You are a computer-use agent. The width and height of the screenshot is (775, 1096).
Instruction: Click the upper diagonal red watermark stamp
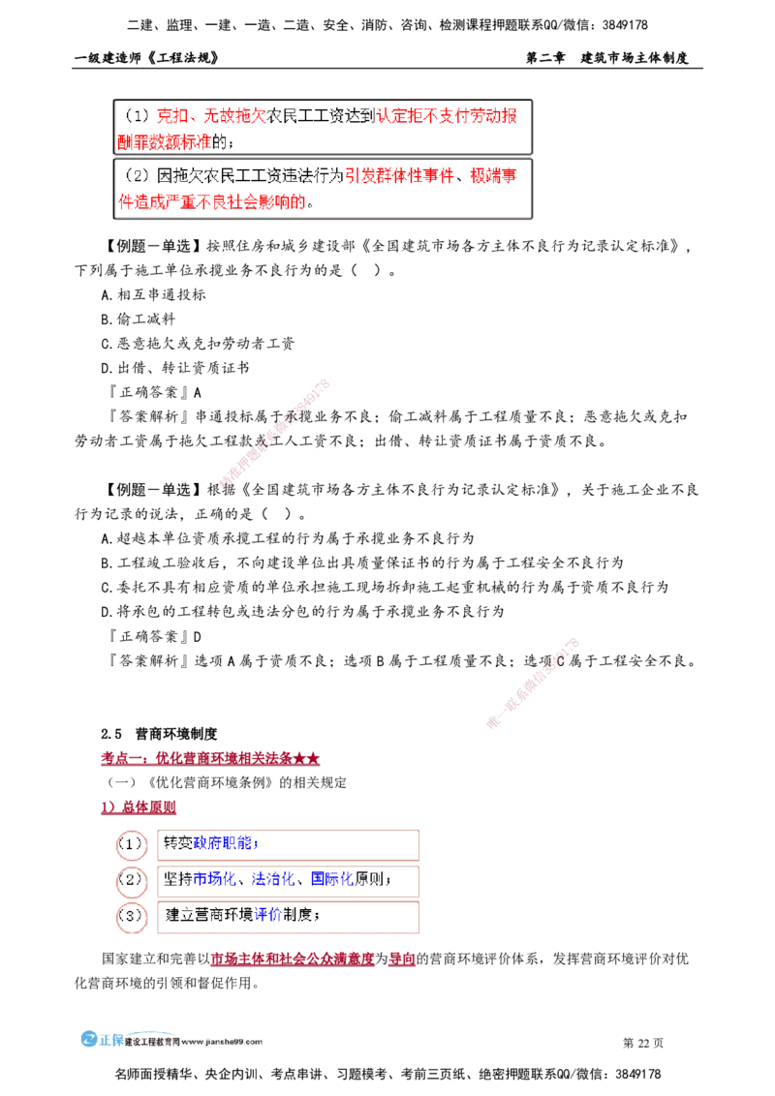275,433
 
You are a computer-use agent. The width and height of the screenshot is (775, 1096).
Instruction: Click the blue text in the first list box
222,843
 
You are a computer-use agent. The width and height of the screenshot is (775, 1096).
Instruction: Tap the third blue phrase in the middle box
332,880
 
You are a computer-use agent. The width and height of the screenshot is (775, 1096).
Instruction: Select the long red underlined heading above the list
209,759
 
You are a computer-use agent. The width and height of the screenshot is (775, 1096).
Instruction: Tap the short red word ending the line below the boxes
401,960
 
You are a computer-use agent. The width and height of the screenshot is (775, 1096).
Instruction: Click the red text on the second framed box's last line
212,202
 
